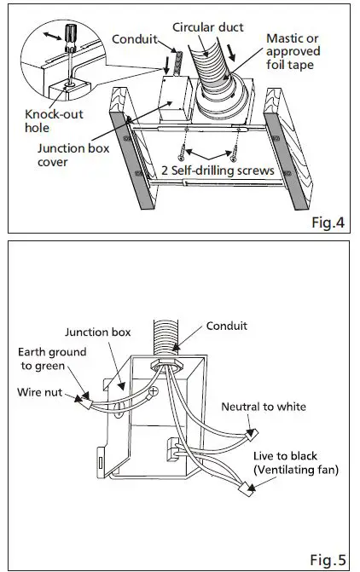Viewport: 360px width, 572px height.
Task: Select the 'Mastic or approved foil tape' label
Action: coord(294,53)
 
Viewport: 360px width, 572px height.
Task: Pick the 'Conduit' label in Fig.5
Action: coord(228,325)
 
